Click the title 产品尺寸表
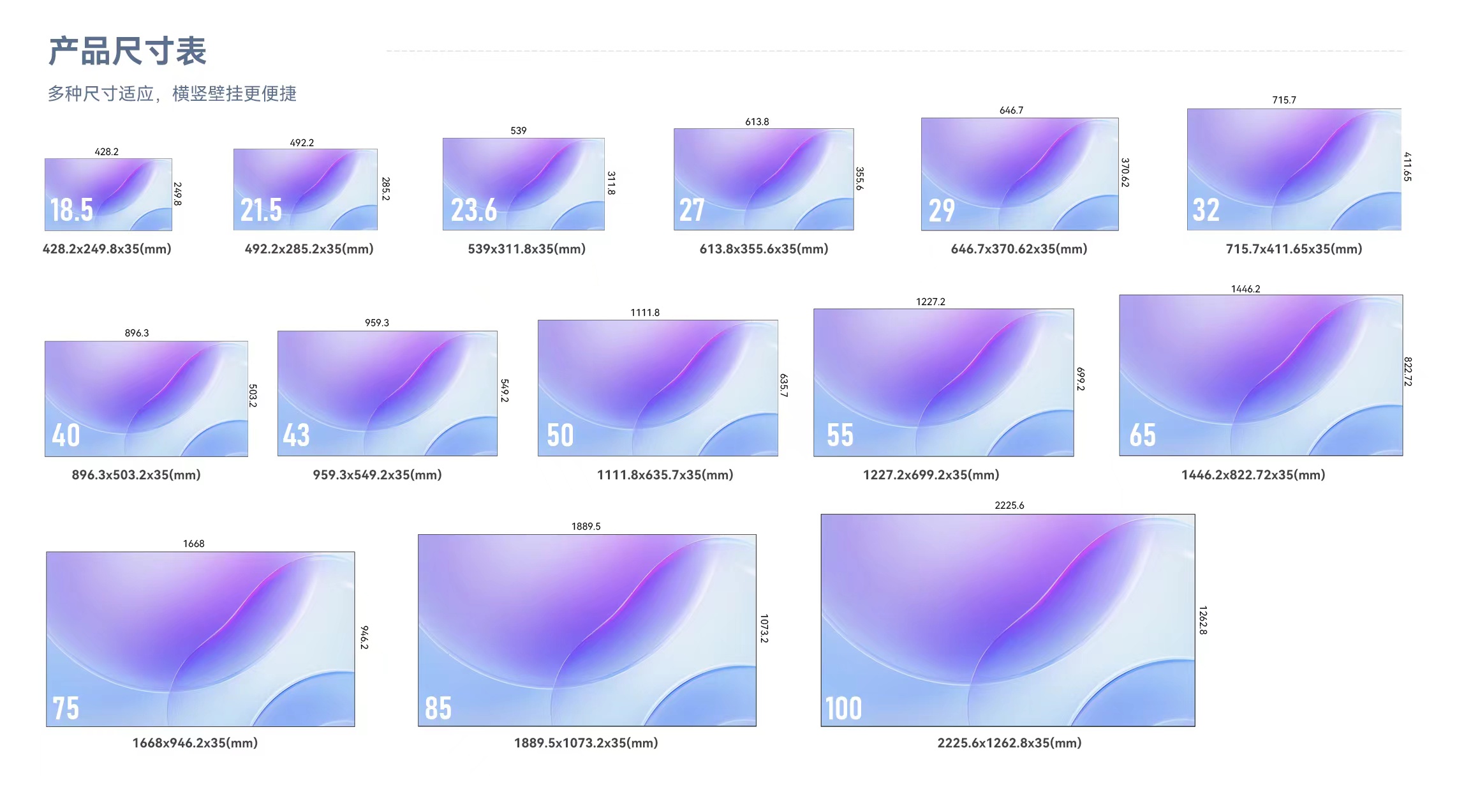(x=128, y=51)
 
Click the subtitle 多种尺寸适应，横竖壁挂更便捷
(x=172, y=94)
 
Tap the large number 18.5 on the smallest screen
(x=71, y=210)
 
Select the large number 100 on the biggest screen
(x=843, y=708)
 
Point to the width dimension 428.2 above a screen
(x=107, y=152)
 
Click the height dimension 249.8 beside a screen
(x=177, y=194)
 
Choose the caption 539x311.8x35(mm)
(x=526, y=249)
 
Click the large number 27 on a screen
(x=692, y=210)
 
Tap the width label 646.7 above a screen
(x=1011, y=110)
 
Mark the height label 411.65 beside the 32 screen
(x=1407, y=167)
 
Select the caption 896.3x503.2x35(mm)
(x=136, y=475)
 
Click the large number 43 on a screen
(x=296, y=435)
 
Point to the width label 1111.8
(x=645, y=313)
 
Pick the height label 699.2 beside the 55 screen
(x=1080, y=379)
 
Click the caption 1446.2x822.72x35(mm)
(x=1253, y=475)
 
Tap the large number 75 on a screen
(x=66, y=708)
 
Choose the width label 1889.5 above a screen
(x=586, y=527)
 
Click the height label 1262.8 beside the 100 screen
(x=1202, y=620)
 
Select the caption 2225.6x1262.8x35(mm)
(x=1009, y=743)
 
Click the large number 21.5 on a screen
(x=261, y=210)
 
